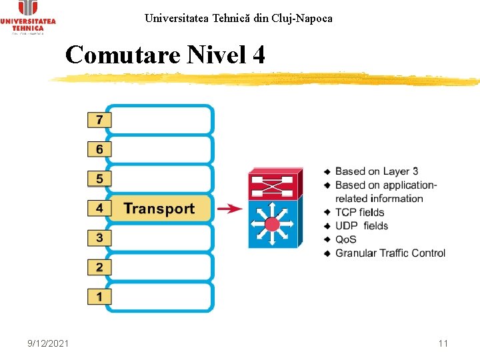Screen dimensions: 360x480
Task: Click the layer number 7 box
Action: pos(99,120)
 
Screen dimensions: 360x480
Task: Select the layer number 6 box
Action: pos(99,149)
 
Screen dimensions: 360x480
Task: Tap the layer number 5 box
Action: pos(99,179)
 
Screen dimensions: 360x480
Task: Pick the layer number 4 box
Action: pos(99,208)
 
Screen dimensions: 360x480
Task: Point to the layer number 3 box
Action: pos(99,237)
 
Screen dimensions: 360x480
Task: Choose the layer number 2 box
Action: pos(99,267)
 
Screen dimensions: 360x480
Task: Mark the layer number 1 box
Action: pos(99,296)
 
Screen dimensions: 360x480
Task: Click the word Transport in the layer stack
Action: pos(159,209)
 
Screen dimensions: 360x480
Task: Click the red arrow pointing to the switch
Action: pos(230,209)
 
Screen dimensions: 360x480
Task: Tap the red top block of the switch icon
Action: pos(273,184)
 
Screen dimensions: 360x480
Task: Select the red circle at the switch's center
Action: pos(272,223)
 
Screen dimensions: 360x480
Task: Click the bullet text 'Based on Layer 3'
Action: pos(377,172)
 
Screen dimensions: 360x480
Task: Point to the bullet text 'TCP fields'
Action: pos(360,213)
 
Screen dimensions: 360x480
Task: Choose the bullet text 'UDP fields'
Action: pos(361,226)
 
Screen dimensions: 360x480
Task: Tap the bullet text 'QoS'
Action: pos(346,239)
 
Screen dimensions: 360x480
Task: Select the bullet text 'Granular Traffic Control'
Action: pos(390,253)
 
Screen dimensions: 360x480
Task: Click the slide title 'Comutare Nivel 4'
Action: pos(165,55)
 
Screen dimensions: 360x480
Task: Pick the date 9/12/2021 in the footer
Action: pos(48,343)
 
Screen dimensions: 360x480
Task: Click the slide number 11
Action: pos(443,343)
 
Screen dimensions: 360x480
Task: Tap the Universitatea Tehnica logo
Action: pos(28,17)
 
